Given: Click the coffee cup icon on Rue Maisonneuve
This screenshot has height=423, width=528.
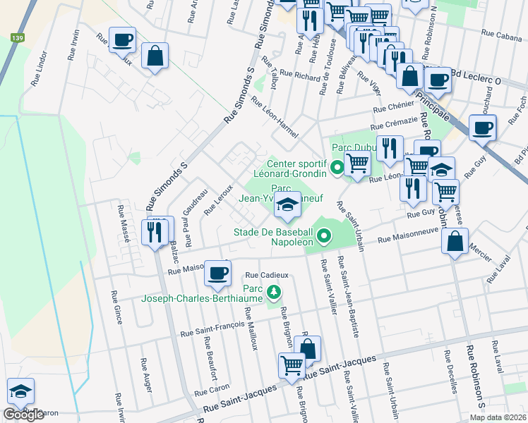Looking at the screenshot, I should tap(217, 272).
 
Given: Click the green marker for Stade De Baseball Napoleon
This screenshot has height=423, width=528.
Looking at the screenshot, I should tap(324, 235).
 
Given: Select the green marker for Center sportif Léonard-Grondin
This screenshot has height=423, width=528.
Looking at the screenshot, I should tap(337, 168).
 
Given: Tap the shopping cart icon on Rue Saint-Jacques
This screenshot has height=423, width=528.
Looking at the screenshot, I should tap(292, 366).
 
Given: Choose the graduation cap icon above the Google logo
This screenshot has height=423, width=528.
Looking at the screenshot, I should tap(20, 391).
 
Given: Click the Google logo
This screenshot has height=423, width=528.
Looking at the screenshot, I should tap(23, 415).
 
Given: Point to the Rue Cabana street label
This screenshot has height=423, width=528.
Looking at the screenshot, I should tap(500, 32).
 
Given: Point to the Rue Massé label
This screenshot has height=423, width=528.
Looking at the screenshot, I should tap(124, 224).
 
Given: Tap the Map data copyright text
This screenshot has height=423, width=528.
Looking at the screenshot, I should tap(497, 417).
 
